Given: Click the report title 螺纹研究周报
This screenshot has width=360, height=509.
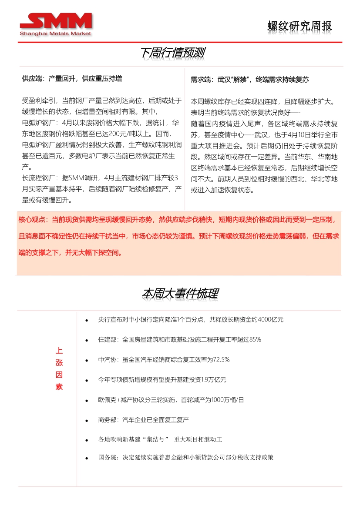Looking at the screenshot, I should point(299,26).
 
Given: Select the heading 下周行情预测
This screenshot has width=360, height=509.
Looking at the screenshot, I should point(173,53).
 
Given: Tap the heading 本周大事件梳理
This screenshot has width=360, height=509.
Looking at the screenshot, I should point(180,294).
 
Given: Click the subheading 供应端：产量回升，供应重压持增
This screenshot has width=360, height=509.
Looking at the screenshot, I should point(72,79).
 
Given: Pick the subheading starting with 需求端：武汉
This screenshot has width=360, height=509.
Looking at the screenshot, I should point(250,80).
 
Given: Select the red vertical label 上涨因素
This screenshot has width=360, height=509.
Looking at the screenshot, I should point(59,362).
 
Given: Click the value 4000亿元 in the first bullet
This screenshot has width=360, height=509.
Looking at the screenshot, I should point(270,320).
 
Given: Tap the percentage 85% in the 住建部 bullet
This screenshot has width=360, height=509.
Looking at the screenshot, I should point(255,340).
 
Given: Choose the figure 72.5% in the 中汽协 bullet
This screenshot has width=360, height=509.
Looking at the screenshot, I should point(221,360).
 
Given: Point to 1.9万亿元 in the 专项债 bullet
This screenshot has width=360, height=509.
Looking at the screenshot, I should point(214,380).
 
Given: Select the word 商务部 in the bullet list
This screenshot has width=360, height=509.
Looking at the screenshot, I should point(106,420).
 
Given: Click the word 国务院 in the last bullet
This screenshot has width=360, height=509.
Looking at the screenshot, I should point(107,458).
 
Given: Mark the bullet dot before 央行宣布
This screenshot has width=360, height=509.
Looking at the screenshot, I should point(87,321).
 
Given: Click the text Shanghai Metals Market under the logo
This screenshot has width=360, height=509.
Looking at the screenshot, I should point(55,33).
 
